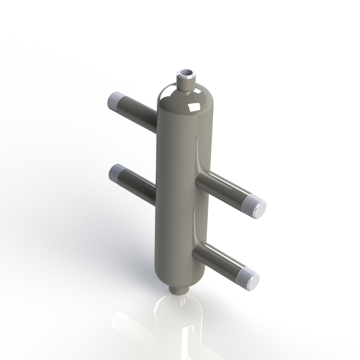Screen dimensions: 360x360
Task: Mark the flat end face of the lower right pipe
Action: point(253,280)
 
